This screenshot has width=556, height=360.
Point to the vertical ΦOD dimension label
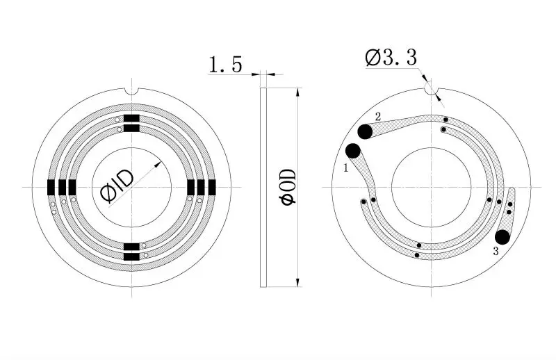click(287, 186)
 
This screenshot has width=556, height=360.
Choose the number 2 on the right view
click(378, 116)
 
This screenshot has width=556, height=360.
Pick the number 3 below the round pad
click(496, 251)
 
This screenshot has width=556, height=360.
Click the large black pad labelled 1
click(352, 151)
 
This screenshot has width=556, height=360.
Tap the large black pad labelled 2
click(365, 131)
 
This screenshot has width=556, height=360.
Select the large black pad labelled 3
click(501, 237)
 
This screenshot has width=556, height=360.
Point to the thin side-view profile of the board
click(263, 187)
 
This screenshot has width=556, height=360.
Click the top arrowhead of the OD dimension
click(298, 92)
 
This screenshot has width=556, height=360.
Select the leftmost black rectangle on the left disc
click(51, 187)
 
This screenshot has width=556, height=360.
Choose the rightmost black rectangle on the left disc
click(212, 187)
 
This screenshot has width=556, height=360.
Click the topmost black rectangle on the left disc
click(131, 117)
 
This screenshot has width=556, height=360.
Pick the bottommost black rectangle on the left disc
click(131, 257)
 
